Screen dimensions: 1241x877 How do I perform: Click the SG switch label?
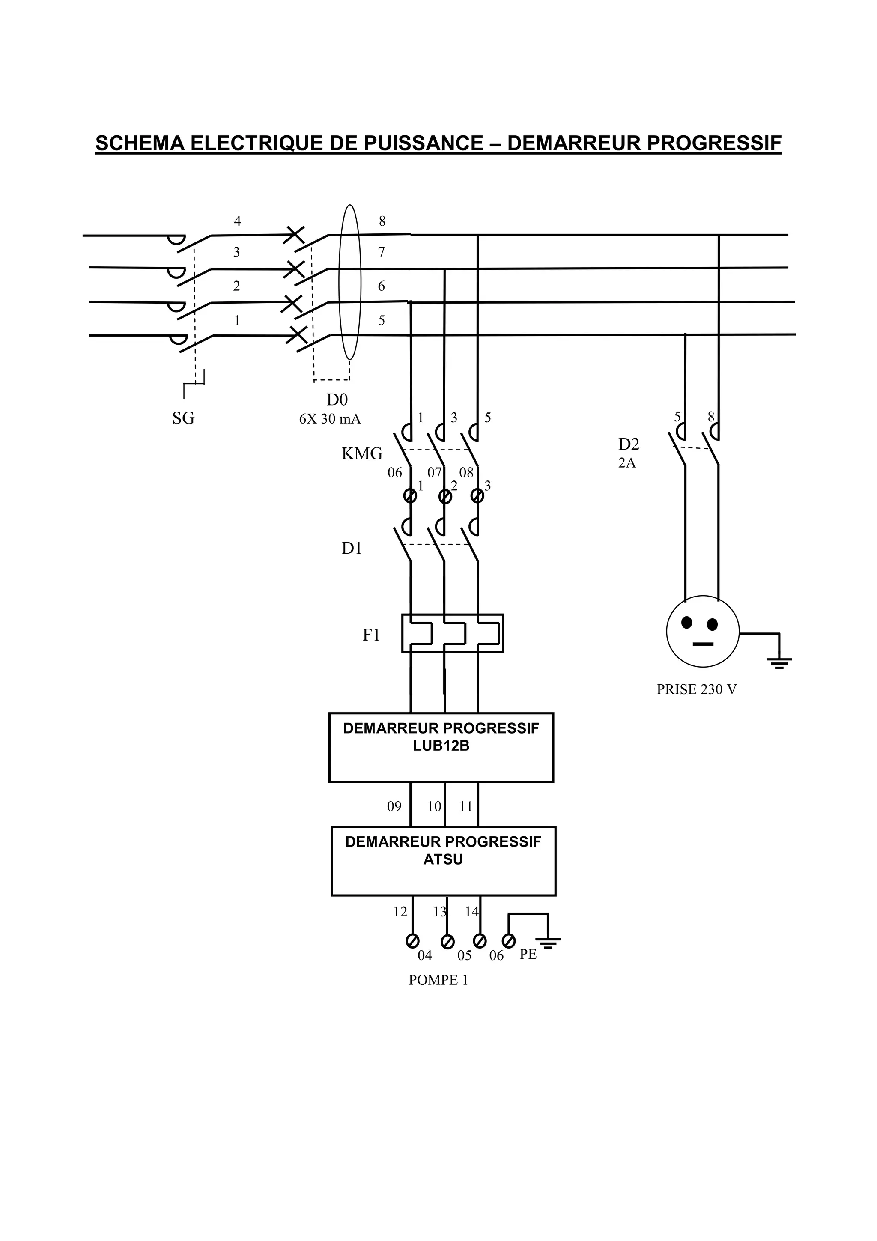pos(183,418)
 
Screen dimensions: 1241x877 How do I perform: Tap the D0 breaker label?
pos(337,400)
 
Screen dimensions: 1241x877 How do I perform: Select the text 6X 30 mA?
pos(330,419)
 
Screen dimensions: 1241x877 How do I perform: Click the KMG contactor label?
pos(361,453)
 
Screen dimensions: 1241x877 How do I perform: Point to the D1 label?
pos(351,548)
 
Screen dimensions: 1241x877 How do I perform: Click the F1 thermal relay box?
pos(452,633)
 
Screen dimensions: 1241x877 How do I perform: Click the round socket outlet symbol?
pos(702,631)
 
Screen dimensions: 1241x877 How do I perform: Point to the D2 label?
pos(629,444)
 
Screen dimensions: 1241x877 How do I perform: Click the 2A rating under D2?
pos(627,463)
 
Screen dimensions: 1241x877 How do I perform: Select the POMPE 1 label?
pos(438,980)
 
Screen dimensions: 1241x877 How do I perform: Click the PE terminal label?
pos(528,954)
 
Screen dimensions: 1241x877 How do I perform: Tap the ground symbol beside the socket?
pos(779,662)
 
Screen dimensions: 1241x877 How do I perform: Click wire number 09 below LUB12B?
pos(394,806)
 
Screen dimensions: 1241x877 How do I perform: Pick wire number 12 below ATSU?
pos(400,912)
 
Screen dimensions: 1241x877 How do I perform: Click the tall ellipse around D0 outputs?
pos(349,282)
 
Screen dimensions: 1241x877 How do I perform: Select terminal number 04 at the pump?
pos(425,955)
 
